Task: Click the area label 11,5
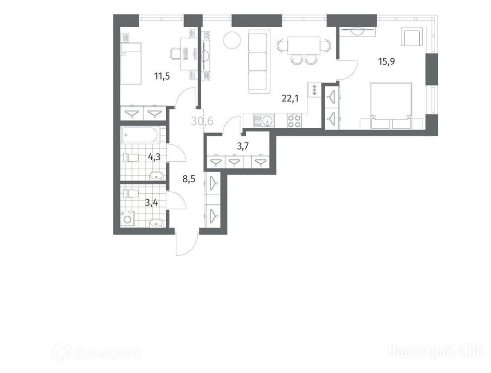[x=162, y=76]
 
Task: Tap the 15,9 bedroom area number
[x=386, y=62]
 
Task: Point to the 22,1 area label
[x=290, y=99]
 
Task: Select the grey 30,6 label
[x=202, y=120]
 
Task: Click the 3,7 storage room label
[x=243, y=146]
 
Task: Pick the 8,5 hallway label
[x=190, y=179]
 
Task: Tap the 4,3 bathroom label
[x=154, y=157]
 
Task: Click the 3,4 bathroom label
[x=151, y=203]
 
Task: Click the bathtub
[x=141, y=135]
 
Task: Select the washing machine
[x=128, y=218]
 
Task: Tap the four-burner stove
[x=294, y=121]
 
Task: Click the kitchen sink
[x=264, y=121]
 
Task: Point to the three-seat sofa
[x=259, y=62]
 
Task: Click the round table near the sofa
[x=232, y=40]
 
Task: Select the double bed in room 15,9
[x=391, y=106]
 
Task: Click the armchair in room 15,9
[x=412, y=36]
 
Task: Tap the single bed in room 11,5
[x=131, y=63]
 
